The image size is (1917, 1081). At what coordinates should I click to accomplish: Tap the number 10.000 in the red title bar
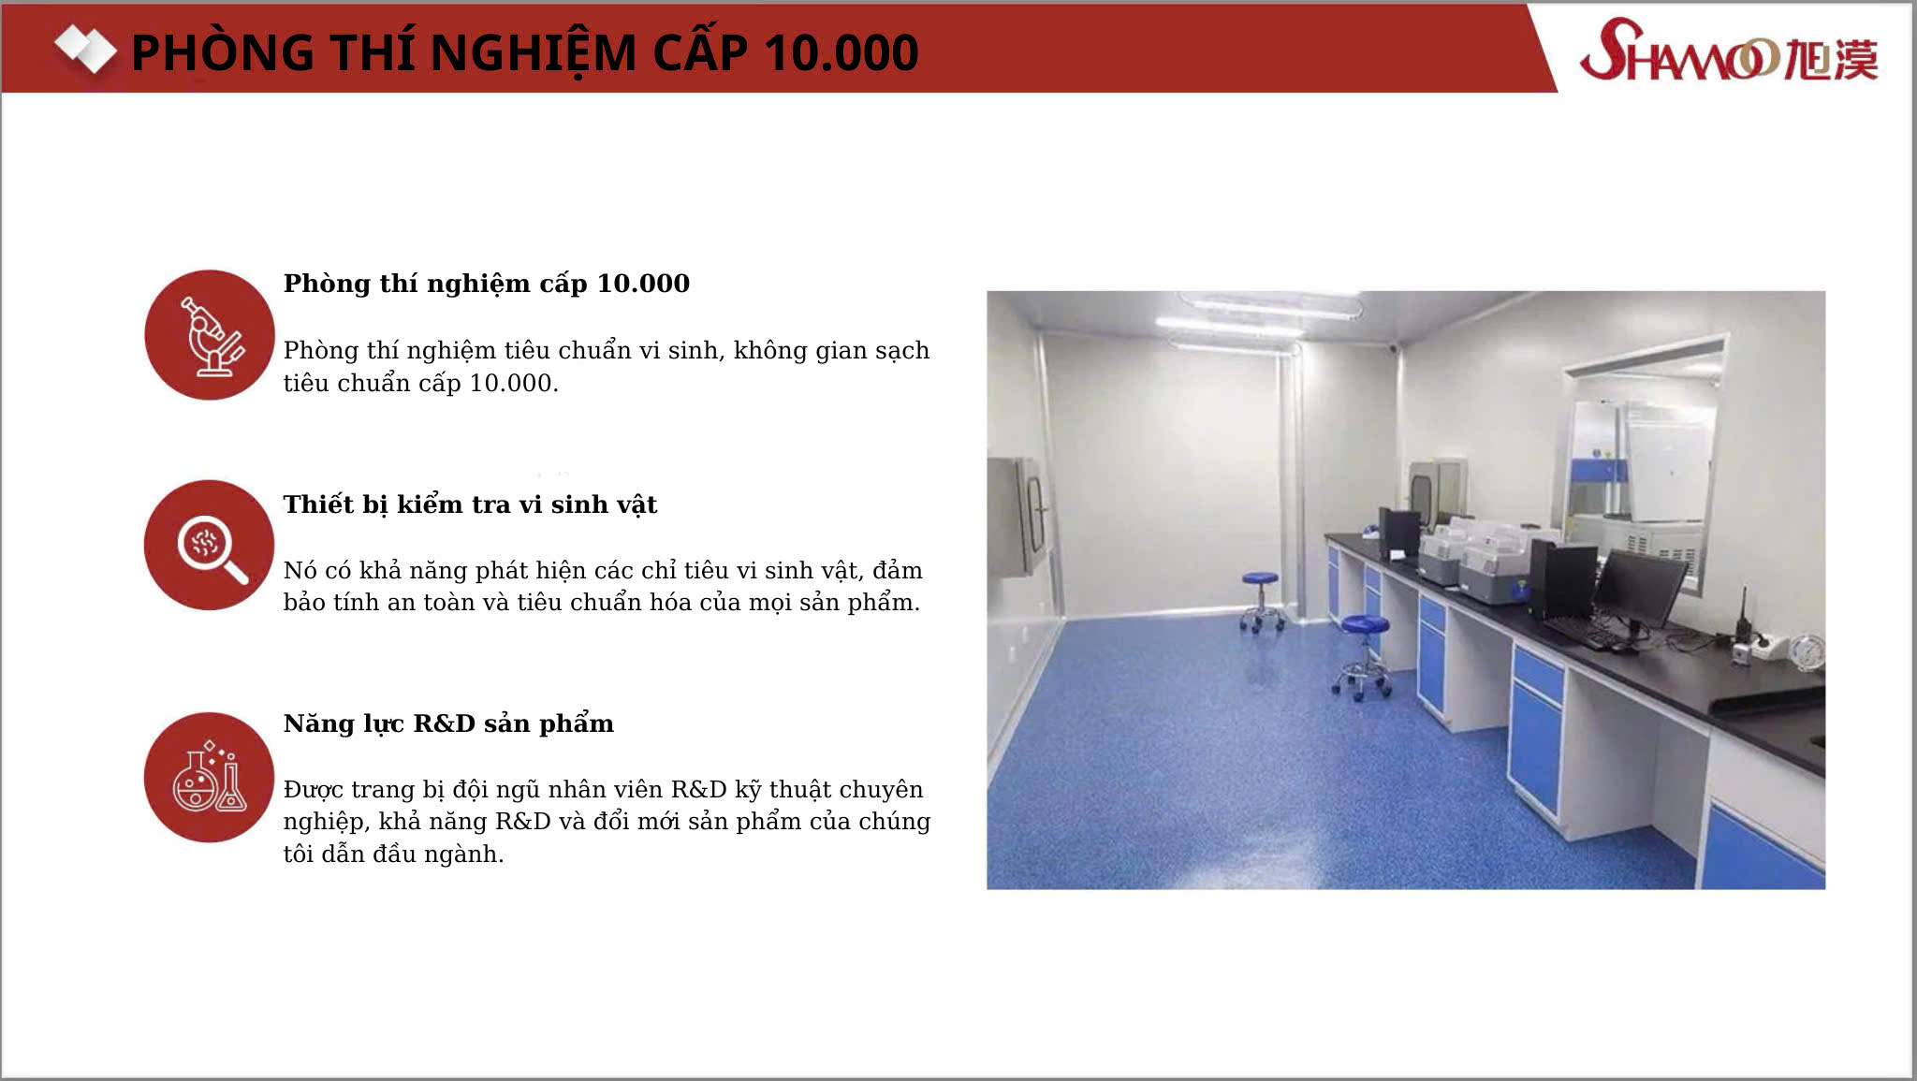pos(841,52)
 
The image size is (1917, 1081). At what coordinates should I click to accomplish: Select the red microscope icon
pos(210,335)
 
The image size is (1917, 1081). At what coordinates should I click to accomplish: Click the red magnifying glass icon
pos(210,545)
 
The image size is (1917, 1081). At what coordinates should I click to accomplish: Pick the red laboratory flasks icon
pos(210,777)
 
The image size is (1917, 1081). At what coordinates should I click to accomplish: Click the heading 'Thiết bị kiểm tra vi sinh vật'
pos(470,504)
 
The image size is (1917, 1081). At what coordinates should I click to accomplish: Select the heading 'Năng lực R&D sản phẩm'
pos(448,723)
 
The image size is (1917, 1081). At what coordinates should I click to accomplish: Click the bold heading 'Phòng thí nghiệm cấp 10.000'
pos(486,284)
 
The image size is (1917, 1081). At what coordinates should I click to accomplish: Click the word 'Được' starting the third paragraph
pos(314,790)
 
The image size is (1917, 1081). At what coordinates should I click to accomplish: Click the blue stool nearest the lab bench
pos(1363,657)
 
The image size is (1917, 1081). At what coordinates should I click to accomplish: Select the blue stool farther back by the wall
pos(1261,602)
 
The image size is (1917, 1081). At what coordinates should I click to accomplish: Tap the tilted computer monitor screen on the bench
pos(1639,588)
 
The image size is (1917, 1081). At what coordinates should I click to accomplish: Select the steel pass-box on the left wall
pos(1018,517)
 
